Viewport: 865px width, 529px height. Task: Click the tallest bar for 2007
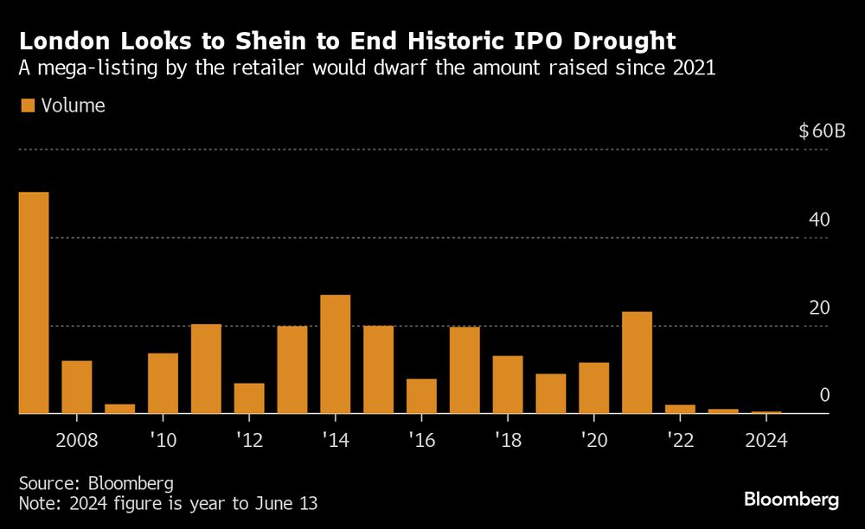click(x=34, y=303)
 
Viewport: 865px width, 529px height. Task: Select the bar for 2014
click(x=336, y=354)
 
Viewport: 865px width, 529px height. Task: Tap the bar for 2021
click(x=637, y=363)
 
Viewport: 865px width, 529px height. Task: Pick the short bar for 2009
click(x=120, y=409)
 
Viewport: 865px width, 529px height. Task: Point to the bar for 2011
click(x=206, y=369)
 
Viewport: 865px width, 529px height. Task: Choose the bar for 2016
click(x=421, y=397)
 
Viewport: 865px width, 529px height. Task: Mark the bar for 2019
click(x=551, y=394)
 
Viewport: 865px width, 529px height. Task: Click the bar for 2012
click(x=249, y=398)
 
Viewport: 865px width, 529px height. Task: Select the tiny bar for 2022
click(x=680, y=410)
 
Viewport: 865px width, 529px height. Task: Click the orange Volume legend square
click(x=28, y=105)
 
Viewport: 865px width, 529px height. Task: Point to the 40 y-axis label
click(x=819, y=220)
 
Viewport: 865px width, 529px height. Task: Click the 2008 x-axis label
click(x=76, y=440)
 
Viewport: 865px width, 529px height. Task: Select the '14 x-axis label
click(x=336, y=440)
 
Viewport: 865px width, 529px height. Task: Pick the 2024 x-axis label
click(x=766, y=440)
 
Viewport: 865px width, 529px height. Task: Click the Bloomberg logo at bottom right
click(x=791, y=500)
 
